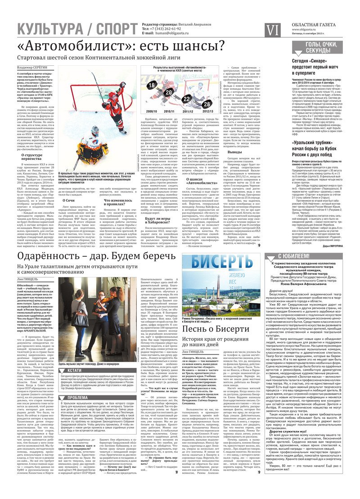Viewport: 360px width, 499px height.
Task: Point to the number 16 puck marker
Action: click(x=152, y=85)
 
